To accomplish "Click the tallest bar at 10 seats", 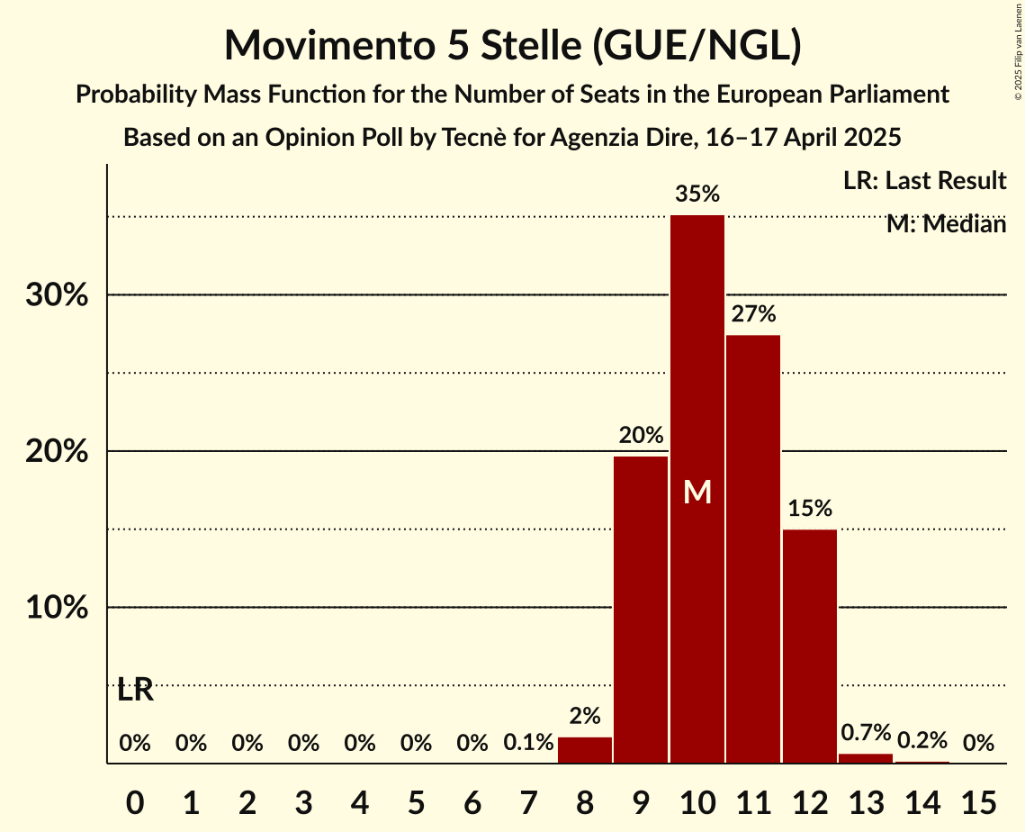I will [x=697, y=378].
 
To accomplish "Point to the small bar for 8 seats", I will [x=585, y=750].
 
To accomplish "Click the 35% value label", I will [x=697, y=194].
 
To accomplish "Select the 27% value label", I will [x=753, y=314].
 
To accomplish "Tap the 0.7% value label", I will [x=866, y=733].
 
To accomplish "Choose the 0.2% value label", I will [x=922, y=740].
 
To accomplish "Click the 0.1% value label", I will [x=528, y=743].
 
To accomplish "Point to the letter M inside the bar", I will [x=697, y=492].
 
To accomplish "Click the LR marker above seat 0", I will [x=135, y=691].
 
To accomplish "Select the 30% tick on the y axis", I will [x=57, y=295].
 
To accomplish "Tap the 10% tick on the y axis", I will [x=57, y=608].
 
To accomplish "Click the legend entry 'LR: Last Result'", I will [x=924, y=181].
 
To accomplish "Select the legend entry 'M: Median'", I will [x=946, y=224].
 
